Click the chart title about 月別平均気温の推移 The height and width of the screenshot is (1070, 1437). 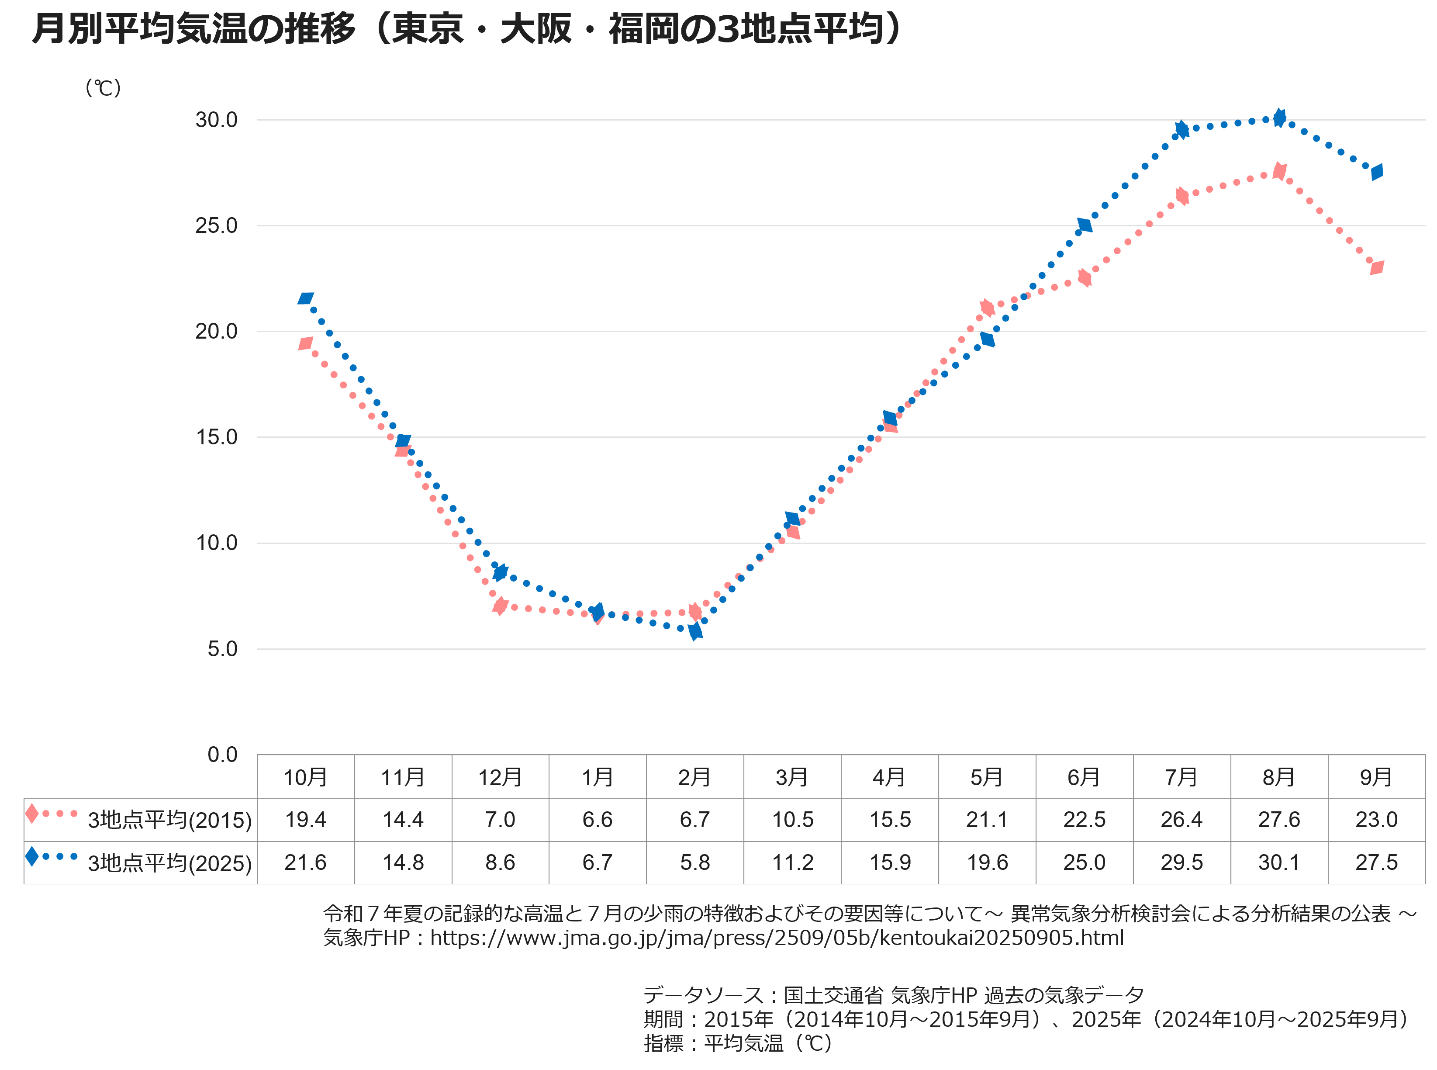click(466, 29)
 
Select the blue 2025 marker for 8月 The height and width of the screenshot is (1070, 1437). click(1279, 118)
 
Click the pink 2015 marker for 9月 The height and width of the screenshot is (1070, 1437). click(1376, 267)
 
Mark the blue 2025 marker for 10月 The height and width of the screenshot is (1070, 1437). click(306, 298)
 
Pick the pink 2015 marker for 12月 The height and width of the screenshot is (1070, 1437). click(500, 606)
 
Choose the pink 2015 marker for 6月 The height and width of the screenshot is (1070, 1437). click(1085, 278)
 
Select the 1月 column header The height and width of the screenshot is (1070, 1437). click(597, 776)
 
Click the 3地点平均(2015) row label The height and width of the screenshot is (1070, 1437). click(169, 820)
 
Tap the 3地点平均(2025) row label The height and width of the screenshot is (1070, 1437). click(169, 863)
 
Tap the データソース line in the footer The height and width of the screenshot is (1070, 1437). click(894, 995)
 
